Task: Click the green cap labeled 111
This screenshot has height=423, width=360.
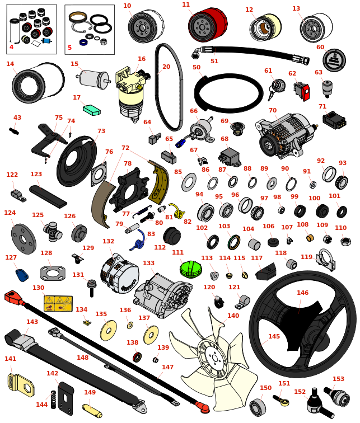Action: [190, 269]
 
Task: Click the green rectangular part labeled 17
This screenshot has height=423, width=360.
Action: [91, 109]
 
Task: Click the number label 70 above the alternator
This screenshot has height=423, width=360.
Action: [273, 111]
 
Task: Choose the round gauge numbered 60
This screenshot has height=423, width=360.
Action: [334, 60]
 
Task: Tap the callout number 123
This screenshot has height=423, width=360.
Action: [36, 174]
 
